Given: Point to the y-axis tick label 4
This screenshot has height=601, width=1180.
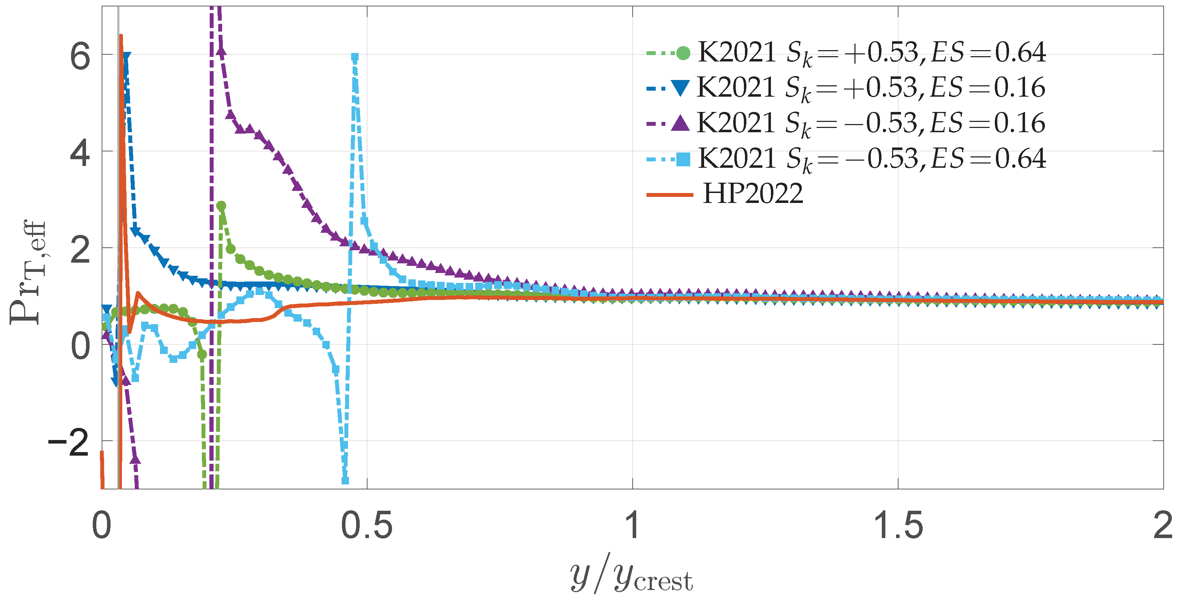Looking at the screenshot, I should (x=80, y=154).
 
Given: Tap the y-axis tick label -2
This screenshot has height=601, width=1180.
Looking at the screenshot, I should (x=69, y=443).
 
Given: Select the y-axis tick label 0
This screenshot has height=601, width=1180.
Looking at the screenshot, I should (x=80, y=346).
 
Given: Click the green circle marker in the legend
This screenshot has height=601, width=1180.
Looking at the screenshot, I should (x=682, y=53).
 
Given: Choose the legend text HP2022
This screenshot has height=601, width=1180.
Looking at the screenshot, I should (x=753, y=194).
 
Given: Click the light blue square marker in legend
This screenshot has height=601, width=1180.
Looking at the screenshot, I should (x=683, y=160).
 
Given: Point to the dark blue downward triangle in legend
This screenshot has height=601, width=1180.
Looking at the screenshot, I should (x=680, y=87).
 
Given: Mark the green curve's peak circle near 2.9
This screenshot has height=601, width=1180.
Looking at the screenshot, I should (x=221, y=206).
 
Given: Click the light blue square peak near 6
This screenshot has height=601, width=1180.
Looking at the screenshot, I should (x=355, y=57).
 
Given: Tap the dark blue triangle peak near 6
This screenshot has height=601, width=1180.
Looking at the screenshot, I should (x=125, y=57).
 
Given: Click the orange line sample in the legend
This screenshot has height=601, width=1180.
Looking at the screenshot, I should (x=669, y=195).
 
